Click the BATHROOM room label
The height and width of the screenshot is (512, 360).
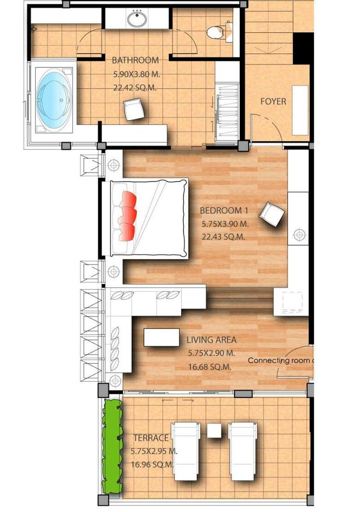(x=135, y=60)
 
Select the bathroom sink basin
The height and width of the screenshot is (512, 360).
(x=137, y=19)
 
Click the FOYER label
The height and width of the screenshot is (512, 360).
(x=273, y=102)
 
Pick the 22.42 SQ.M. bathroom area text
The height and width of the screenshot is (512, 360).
(x=135, y=88)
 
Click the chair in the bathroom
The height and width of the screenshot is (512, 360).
(x=134, y=109)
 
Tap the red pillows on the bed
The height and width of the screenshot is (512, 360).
(x=128, y=216)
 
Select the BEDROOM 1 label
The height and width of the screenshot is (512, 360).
(x=224, y=211)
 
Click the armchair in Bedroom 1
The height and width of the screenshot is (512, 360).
(x=271, y=214)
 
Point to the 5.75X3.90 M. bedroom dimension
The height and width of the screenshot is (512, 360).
(x=225, y=224)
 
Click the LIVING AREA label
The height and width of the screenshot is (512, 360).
(x=211, y=340)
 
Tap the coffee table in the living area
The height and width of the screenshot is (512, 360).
(x=162, y=337)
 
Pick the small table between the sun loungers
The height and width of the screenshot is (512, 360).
(x=214, y=430)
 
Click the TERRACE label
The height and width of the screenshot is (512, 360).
(x=151, y=438)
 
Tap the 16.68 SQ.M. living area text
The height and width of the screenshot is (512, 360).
(x=210, y=367)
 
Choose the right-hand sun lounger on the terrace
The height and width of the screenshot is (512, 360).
(x=243, y=451)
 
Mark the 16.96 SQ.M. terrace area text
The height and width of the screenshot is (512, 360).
(x=152, y=464)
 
